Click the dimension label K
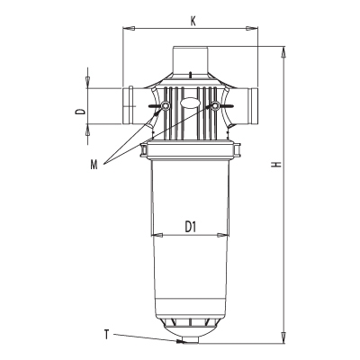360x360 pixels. pyautogui.click(x=193, y=22)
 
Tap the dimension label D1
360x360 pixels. pyautogui.click(x=190, y=227)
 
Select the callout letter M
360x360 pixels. pyautogui.click(x=94, y=165)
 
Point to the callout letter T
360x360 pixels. pyautogui.click(x=106, y=334)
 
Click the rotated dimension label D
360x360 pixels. pyautogui.click(x=80, y=112)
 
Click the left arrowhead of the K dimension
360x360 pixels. pyautogui.click(x=128, y=29)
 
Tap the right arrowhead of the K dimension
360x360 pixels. pyautogui.click(x=252, y=29)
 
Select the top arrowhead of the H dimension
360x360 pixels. pyautogui.click(x=283, y=52)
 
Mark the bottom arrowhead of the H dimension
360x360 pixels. pyautogui.click(x=283, y=337)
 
